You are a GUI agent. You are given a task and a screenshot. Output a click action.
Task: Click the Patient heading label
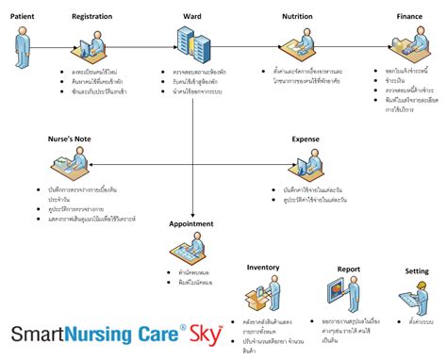[x=24, y=17]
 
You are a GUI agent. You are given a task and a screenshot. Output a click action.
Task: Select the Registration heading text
[x=91, y=17]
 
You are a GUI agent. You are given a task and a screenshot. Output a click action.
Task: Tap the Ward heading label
[x=190, y=17]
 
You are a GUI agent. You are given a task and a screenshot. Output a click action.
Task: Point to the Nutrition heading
[x=297, y=17]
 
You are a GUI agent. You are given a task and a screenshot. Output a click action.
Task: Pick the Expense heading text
[x=305, y=139]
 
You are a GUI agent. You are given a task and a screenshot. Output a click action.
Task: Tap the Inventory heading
[x=264, y=268]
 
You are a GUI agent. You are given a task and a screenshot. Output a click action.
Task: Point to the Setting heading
[x=417, y=271]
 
